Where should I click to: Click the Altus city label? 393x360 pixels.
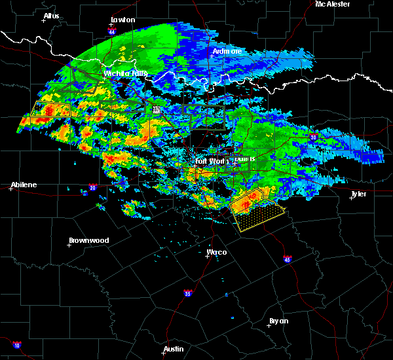pyautogui.click(x=51, y=15)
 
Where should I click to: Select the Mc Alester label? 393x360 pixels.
pyautogui.click(x=333, y=4)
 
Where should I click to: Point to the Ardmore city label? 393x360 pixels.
pyautogui.click(x=227, y=50)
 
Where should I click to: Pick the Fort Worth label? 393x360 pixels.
pyautogui.click(x=209, y=160)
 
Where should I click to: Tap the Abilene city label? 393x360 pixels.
pyautogui.click(x=24, y=185)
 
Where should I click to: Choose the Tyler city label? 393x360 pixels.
pyautogui.click(x=358, y=194)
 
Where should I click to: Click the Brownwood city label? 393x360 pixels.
pyautogui.click(x=88, y=240)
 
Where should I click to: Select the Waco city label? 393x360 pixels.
pyautogui.click(x=217, y=251)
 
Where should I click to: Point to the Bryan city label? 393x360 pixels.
pyautogui.click(x=278, y=321)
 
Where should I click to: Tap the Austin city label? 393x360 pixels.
pyautogui.click(x=174, y=349)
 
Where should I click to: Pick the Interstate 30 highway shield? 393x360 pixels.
pyautogui.click(x=314, y=137)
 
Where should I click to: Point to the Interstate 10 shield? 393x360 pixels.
pyautogui.click(x=16, y=344)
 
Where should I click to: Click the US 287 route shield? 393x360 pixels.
pyautogui.click(x=156, y=110)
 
